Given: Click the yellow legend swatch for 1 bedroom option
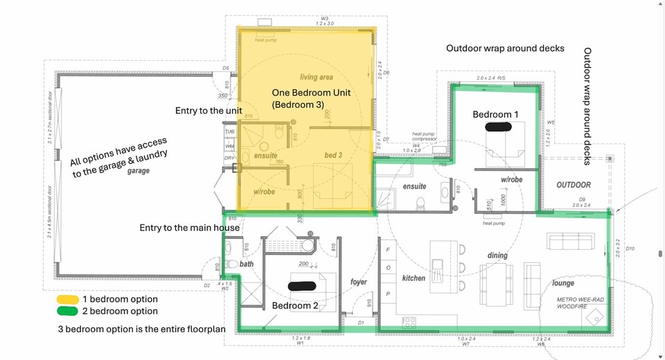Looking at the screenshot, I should click(67, 299).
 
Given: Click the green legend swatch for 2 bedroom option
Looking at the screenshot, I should click(67, 311).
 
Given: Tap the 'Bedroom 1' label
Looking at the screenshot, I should click(495, 114).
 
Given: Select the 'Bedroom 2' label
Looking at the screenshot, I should click(295, 305).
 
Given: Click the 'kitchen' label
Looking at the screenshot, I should click(414, 278).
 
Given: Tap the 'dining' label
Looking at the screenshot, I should click(497, 255).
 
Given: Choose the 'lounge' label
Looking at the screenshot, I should click(562, 282).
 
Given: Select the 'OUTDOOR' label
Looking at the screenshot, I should click(574, 185).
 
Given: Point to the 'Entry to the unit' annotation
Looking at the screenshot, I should click(209, 111).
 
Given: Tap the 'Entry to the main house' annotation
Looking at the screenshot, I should click(189, 228).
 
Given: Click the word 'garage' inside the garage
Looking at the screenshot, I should click(139, 170).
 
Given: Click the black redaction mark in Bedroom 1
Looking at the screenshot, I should click(497, 127).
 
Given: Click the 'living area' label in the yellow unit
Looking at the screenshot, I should click(317, 77).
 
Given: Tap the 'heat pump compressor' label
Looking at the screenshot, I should click(424, 136).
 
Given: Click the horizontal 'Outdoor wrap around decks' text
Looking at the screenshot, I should click(505, 48).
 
